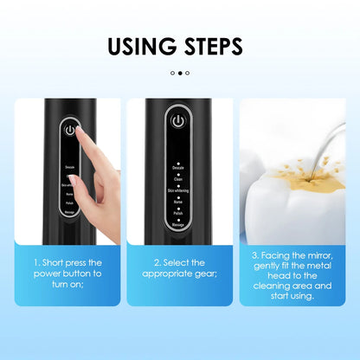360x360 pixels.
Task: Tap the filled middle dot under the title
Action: (x=180, y=74)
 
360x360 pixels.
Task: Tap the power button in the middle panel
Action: (x=177, y=121)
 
